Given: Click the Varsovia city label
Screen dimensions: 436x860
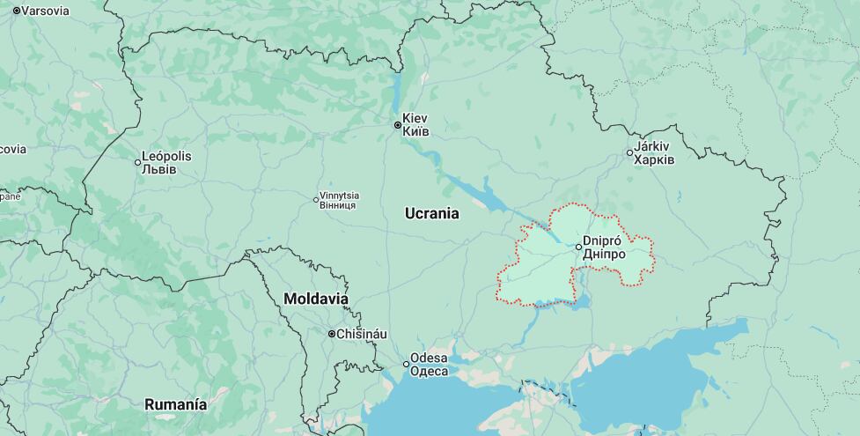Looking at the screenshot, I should [45, 11].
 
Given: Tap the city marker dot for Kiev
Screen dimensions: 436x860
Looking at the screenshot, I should [397, 125].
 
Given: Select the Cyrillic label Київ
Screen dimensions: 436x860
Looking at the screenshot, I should [416, 131].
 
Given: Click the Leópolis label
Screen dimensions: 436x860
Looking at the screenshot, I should [167, 156].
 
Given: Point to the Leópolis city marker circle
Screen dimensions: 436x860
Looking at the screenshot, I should [138, 162].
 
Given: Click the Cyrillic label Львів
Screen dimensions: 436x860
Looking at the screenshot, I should [159, 169].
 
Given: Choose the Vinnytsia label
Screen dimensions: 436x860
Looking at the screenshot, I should [340, 195].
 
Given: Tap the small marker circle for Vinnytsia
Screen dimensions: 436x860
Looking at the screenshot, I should [317, 200].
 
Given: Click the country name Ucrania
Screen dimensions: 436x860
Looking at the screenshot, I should [431, 213].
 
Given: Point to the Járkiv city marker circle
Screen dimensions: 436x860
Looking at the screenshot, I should [629, 153].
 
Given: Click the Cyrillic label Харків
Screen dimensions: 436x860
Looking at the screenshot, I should [656, 160].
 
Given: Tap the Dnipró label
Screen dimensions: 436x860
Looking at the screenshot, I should [603, 240].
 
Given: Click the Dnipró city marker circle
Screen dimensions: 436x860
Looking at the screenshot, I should [578, 247].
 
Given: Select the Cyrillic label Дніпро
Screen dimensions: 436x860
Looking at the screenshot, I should [605, 255].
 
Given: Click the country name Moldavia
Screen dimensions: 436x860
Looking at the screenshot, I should [315, 299].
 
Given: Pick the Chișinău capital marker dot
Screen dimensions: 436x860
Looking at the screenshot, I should [332, 334].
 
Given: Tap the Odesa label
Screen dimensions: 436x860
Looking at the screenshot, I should [430, 358].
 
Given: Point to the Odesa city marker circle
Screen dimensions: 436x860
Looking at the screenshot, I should [407, 364].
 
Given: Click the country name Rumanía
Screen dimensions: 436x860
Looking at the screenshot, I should [176, 405].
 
